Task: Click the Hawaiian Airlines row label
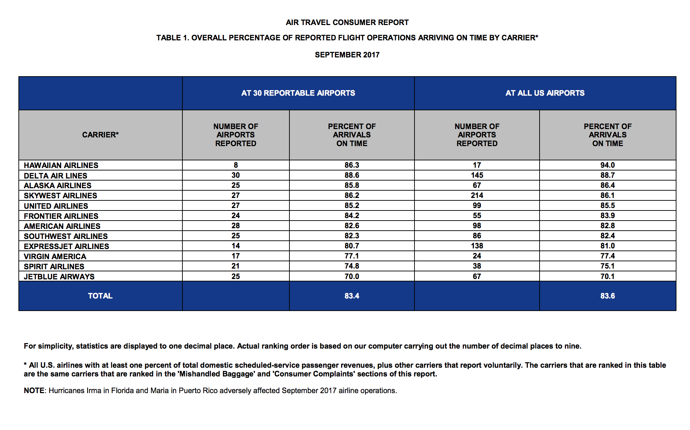(61, 165)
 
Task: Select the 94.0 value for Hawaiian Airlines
(607, 165)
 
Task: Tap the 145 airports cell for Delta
(477, 175)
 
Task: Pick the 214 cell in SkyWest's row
(477, 195)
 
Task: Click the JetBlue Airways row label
(59, 277)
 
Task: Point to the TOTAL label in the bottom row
(100, 296)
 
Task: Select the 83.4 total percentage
(352, 296)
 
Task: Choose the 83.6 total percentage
(607, 296)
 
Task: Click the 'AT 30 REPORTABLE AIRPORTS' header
(298, 93)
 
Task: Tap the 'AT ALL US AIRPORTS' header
(545, 93)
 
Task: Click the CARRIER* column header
(100, 135)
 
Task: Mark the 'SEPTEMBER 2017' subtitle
(347, 55)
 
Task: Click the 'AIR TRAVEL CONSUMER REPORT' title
(347, 22)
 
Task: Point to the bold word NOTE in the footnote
(34, 390)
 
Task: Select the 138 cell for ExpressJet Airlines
(477, 246)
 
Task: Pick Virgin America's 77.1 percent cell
(352, 256)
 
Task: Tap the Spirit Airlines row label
(54, 266)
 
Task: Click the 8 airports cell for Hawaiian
(236, 165)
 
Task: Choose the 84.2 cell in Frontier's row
(352, 215)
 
